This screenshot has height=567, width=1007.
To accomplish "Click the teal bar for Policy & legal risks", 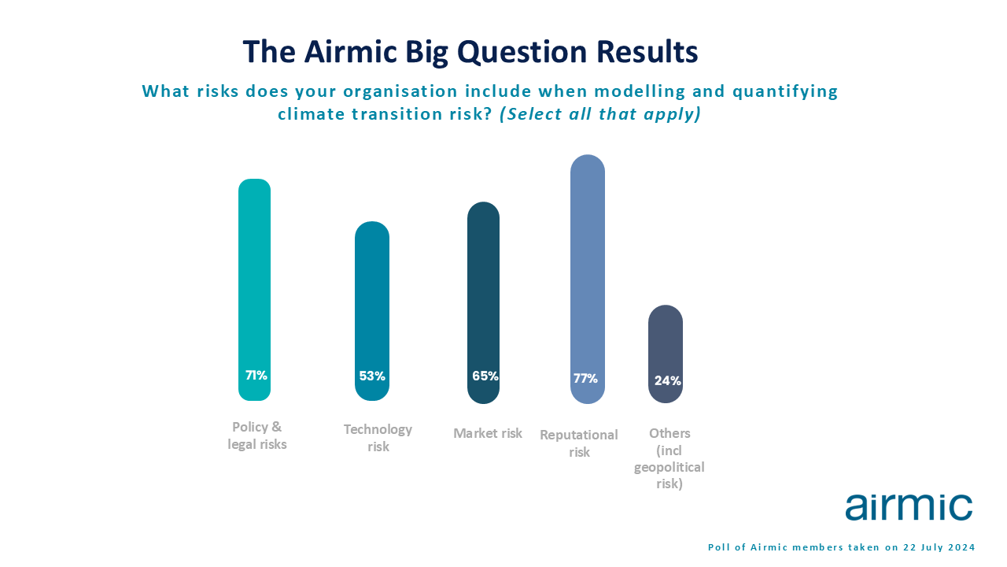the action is pyautogui.click(x=254, y=290).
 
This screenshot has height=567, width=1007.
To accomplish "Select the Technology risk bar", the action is pyautogui.click(x=372, y=311).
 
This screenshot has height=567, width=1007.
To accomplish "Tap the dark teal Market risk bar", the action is pyautogui.click(x=483, y=303).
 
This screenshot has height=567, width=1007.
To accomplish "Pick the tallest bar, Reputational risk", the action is pyautogui.click(x=588, y=279).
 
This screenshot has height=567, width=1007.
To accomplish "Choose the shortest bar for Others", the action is pyautogui.click(x=666, y=354).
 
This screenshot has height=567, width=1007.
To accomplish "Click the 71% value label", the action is pyautogui.click(x=256, y=376).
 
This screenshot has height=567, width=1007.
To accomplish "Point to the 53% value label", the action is pyautogui.click(x=372, y=376).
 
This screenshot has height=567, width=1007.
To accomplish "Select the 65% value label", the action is pyautogui.click(x=485, y=376).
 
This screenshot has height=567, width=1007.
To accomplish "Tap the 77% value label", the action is pyautogui.click(x=585, y=379).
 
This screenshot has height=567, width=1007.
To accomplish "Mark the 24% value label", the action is pyautogui.click(x=668, y=380).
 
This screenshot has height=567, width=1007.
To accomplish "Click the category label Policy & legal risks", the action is pyautogui.click(x=257, y=435).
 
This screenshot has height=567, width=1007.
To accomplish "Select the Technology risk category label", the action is pyautogui.click(x=378, y=438).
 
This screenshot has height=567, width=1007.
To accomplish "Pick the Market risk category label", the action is pyautogui.click(x=488, y=433).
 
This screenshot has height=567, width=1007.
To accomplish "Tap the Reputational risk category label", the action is pyautogui.click(x=579, y=443).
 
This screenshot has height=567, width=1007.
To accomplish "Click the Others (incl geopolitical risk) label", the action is pyautogui.click(x=669, y=458).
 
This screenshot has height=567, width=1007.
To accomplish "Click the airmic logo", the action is pyautogui.click(x=909, y=507).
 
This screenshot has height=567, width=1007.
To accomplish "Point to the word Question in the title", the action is pyautogui.click(x=522, y=52).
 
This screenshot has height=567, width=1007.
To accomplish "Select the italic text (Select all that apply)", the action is pyautogui.click(x=600, y=114).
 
